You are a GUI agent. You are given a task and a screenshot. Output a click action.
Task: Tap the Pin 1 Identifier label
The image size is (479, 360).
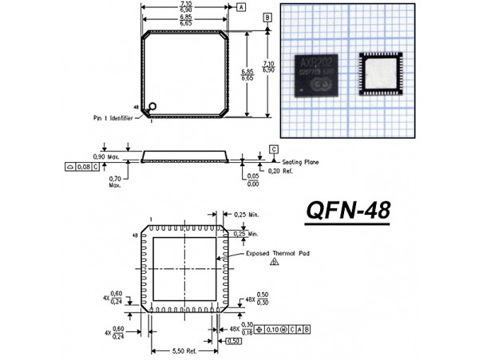[118, 117]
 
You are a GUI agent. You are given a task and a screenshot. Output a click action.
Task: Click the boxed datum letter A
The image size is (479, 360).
[241, 6]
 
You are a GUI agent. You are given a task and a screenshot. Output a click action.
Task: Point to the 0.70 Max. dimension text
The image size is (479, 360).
[116, 182]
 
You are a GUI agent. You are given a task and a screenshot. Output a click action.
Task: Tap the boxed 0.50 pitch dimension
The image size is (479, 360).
[234, 342]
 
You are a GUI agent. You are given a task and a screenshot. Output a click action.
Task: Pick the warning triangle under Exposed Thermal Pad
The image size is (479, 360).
[274, 261]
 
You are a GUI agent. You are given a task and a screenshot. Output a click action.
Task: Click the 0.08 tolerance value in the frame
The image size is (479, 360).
[82, 167]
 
